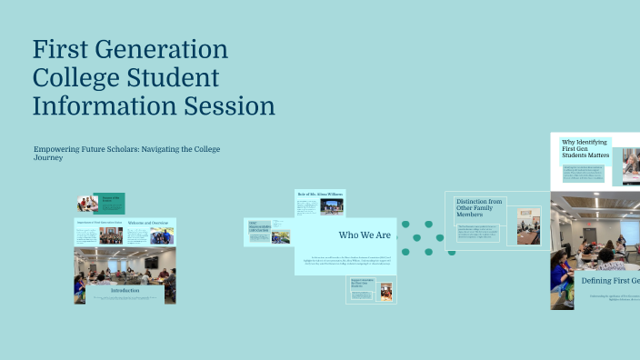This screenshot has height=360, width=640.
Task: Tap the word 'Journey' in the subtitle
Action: pyautogui.click(x=48, y=157)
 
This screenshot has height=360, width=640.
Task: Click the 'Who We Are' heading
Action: pyautogui.click(x=365, y=235)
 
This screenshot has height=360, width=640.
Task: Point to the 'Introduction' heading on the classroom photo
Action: pyautogui.click(x=125, y=291)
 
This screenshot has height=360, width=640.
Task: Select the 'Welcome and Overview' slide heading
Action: pyautogui.click(x=147, y=223)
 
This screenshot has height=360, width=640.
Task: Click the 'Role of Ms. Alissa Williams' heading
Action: pyautogui.click(x=320, y=195)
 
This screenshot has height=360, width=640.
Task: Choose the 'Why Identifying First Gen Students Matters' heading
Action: pyautogui.click(x=585, y=148)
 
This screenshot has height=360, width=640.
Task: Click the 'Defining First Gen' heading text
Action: pyautogui.click(x=610, y=281)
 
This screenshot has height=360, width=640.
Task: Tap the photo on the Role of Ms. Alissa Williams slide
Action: pyautogui.click(x=331, y=208)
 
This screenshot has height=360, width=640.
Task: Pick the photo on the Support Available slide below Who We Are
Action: pyautogui.click(x=386, y=291)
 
